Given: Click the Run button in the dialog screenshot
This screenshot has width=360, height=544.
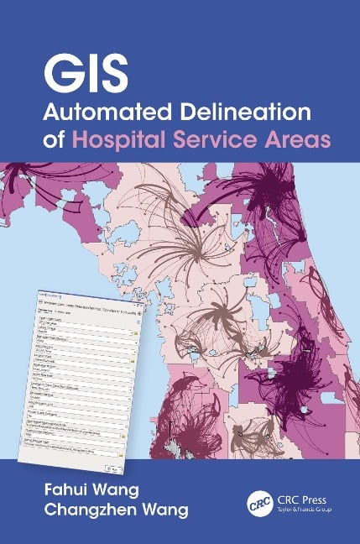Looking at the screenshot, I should click(112, 467).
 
